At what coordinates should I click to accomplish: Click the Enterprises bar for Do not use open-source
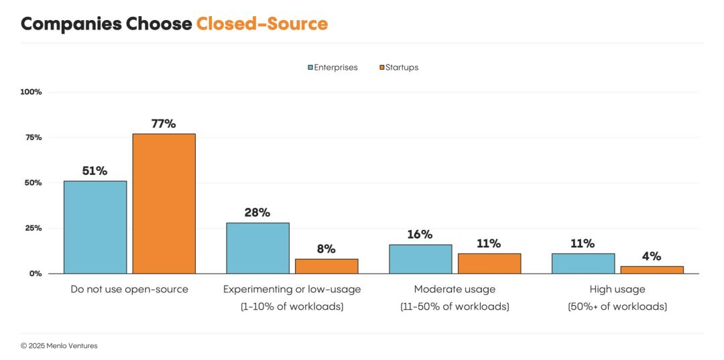(x=95, y=227)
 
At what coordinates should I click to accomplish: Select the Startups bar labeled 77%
(x=164, y=204)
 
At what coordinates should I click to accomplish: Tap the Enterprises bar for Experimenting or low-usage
(x=257, y=248)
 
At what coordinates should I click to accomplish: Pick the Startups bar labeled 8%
(x=326, y=266)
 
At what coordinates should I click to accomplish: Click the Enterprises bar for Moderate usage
(x=420, y=259)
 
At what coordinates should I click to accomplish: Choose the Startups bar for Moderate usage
(x=489, y=263)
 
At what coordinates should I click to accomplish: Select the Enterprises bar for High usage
(x=583, y=263)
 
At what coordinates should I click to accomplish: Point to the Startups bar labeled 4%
(x=652, y=269)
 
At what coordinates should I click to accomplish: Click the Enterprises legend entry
(x=333, y=67)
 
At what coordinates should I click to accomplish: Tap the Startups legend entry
(x=399, y=67)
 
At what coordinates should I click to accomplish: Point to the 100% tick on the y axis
(x=31, y=92)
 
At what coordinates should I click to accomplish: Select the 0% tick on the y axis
(x=36, y=274)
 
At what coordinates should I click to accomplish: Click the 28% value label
(x=257, y=213)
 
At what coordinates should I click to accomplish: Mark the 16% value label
(x=420, y=235)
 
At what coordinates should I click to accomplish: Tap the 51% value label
(x=95, y=171)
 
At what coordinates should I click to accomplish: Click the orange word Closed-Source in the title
(x=261, y=24)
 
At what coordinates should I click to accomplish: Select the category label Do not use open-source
(x=129, y=290)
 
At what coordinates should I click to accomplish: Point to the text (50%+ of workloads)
(x=617, y=306)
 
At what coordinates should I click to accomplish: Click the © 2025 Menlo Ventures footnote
(x=59, y=346)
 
